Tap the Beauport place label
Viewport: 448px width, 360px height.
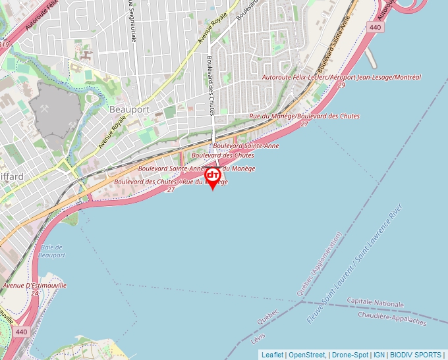click(130, 109)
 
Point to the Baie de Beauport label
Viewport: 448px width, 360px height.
click(51, 251)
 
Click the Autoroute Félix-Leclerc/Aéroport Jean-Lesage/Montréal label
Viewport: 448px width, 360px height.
click(341, 78)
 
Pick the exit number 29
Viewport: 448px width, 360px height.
click(341, 86)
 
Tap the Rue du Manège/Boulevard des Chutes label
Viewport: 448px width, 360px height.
click(304, 116)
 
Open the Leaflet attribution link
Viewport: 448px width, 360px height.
click(272, 355)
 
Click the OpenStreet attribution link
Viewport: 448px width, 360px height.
click(306, 355)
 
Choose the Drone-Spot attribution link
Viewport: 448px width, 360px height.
click(349, 355)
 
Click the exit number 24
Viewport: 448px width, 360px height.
click(34, 294)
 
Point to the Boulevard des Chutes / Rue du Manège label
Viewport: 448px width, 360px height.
click(171, 182)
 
